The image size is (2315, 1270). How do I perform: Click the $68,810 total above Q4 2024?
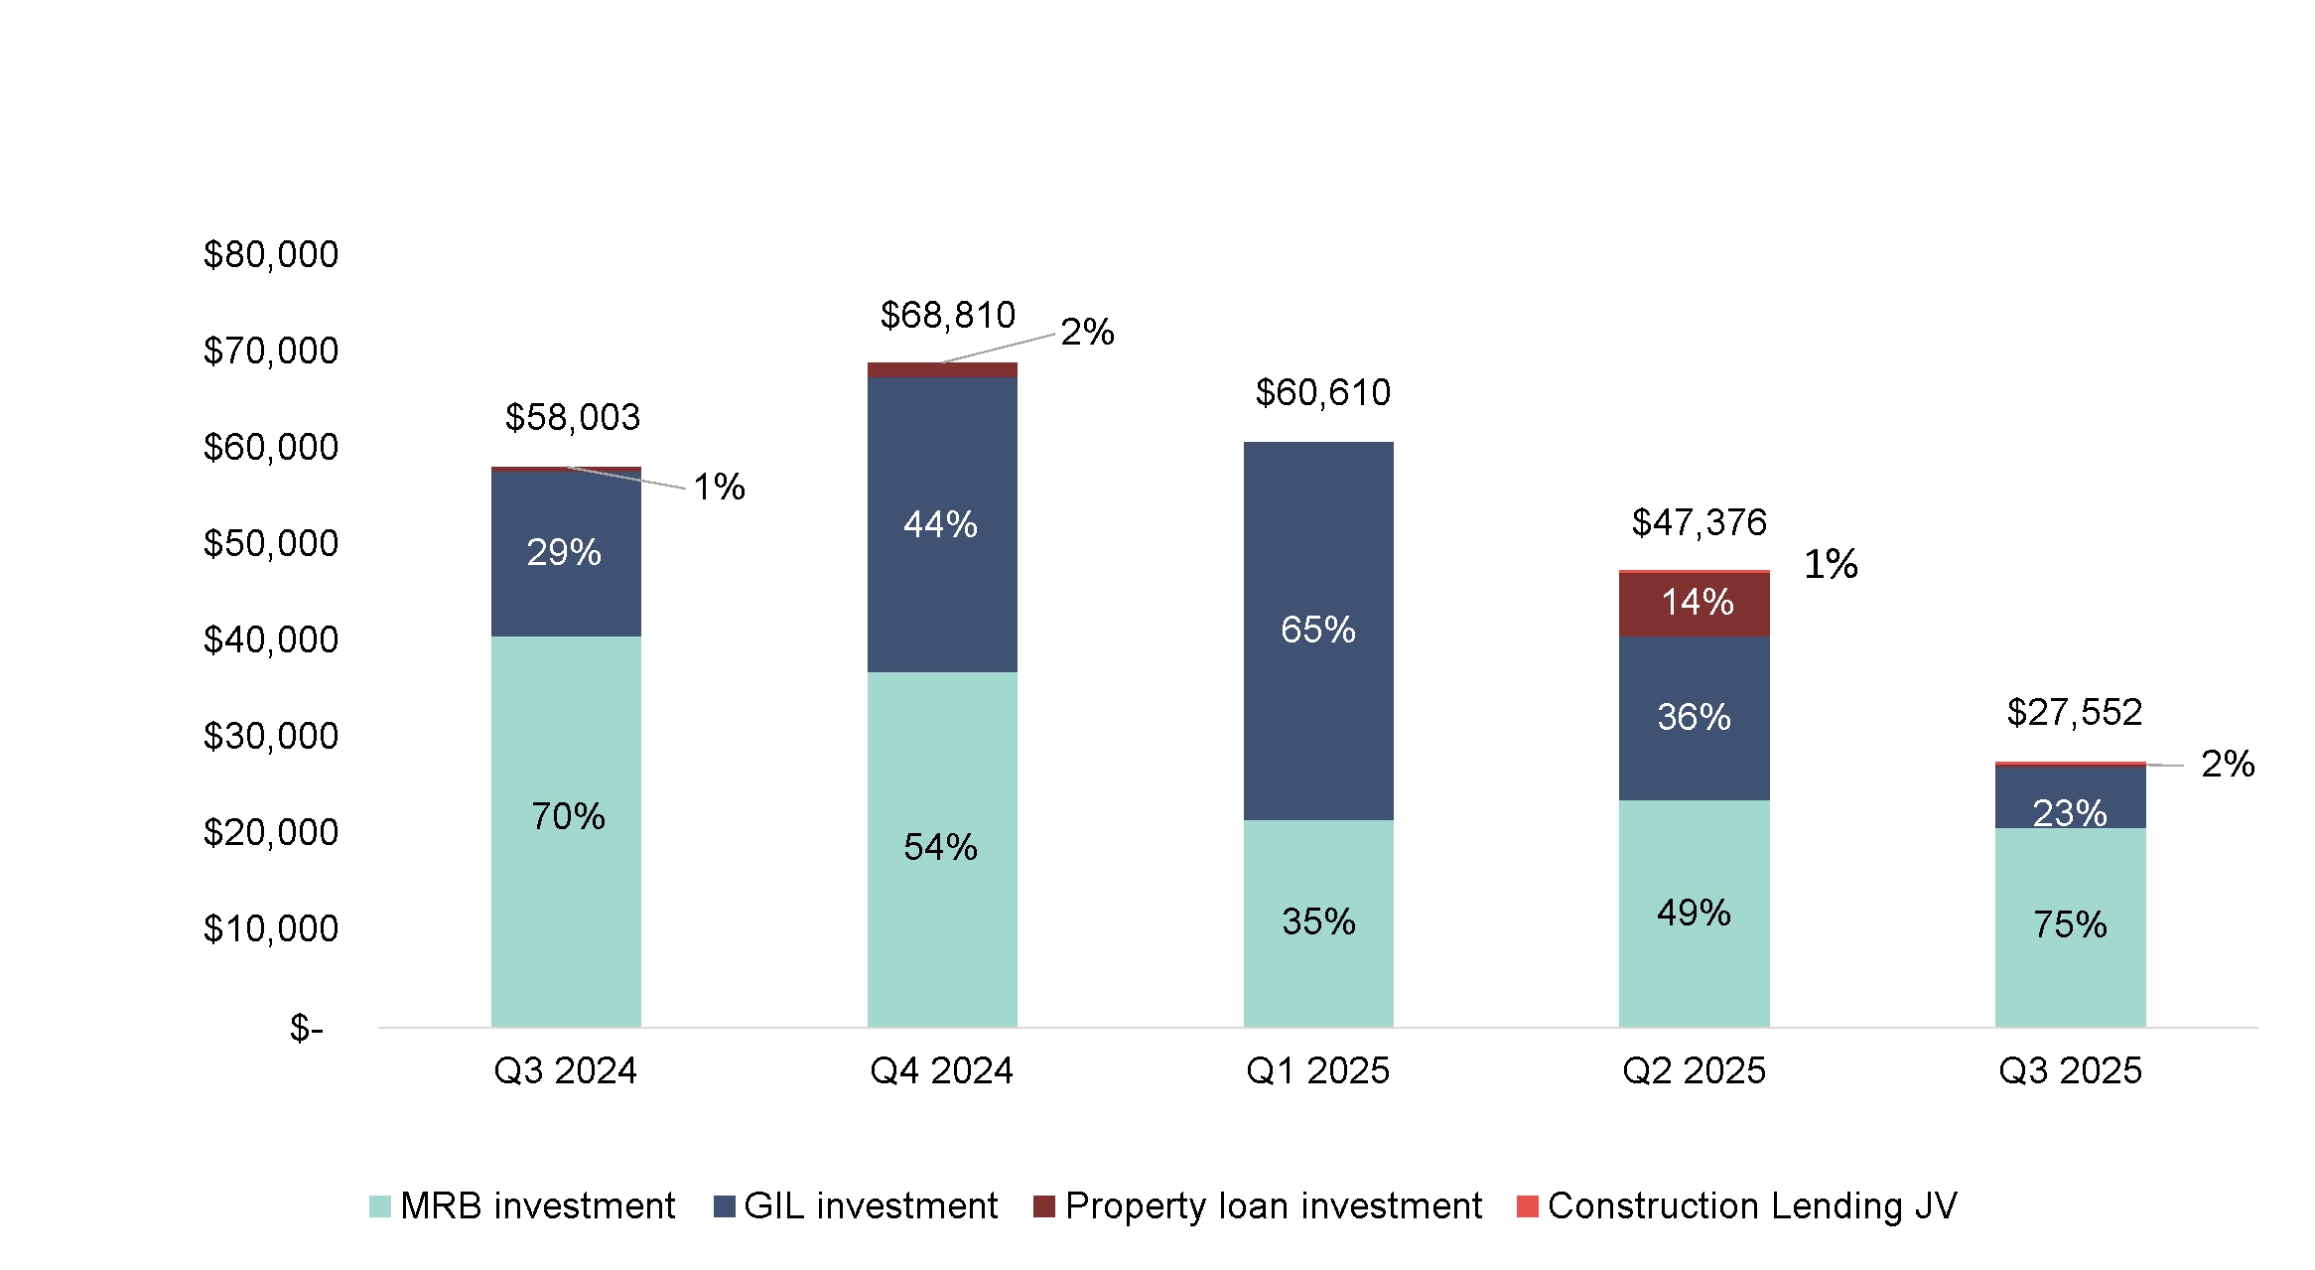(947, 316)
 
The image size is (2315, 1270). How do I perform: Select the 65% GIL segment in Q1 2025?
(1317, 630)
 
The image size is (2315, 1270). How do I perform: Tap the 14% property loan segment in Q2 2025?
(1696, 603)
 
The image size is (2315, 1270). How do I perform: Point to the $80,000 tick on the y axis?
(270, 255)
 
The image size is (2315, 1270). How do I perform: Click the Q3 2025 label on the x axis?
(2070, 1070)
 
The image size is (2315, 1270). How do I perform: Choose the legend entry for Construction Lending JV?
(1737, 1205)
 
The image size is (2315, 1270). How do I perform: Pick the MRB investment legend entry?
(522, 1205)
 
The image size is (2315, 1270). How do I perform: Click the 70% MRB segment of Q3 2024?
(567, 816)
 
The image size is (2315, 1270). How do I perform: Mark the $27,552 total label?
(2074, 712)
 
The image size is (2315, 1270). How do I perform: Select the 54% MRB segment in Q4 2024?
(940, 847)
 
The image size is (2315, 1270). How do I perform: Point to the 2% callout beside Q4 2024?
(1087, 332)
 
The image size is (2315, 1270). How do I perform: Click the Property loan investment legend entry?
(1258, 1205)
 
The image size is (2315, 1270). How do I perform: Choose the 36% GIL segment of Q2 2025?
(1694, 717)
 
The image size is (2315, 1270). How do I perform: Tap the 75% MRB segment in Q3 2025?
(2070, 924)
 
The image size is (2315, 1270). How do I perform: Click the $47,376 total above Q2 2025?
(1699, 522)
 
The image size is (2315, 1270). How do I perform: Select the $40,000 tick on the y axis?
(270, 640)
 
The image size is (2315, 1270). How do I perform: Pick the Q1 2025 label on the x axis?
(1317, 1070)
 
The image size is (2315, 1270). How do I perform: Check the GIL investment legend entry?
(856, 1205)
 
